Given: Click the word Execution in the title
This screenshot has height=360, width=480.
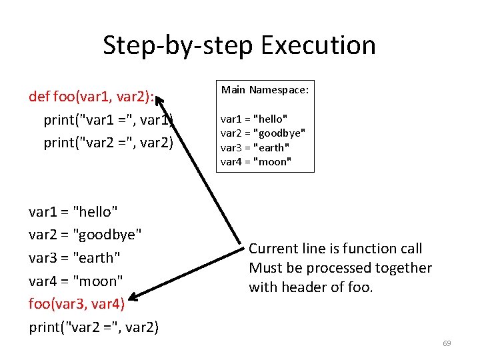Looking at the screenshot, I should click(319, 45).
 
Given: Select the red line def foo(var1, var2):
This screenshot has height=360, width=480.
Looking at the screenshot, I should click(91, 97).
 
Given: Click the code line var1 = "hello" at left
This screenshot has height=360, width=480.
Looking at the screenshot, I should click(73, 212).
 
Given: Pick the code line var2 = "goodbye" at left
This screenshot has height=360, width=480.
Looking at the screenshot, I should click(85, 235).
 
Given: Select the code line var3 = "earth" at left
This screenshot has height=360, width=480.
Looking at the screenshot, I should click(75, 257).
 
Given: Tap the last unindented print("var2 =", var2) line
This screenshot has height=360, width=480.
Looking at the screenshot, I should click(94, 327).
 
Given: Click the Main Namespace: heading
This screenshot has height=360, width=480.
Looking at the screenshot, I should click(265, 89).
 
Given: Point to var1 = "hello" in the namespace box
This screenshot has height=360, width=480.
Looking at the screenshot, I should click(254, 119).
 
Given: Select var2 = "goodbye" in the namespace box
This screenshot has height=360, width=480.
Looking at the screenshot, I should click(263, 133).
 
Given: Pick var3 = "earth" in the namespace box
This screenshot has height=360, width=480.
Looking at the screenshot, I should click(255, 147).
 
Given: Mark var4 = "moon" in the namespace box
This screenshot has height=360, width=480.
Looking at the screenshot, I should click(256, 161).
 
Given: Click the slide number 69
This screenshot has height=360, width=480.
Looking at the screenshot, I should click(447, 343).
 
